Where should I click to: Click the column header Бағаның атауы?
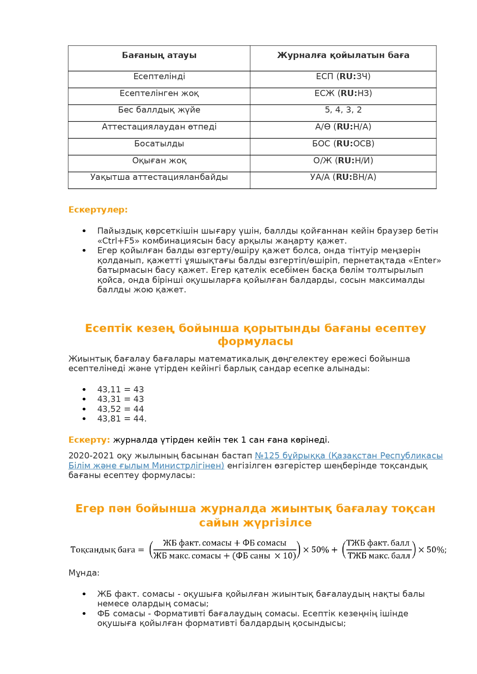(x=159, y=55)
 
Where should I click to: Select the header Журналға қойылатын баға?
(x=343, y=55)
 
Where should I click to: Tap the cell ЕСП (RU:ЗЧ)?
(x=343, y=76)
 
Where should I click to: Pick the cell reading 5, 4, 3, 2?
(x=343, y=110)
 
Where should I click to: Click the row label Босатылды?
(x=159, y=144)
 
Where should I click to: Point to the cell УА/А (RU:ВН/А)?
(x=343, y=177)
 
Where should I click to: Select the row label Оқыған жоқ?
(x=159, y=161)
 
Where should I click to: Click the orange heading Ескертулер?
(x=98, y=210)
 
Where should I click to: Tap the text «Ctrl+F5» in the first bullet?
(x=118, y=241)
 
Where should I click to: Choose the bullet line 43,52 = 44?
(x=120, y=409)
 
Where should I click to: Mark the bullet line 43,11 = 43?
(x=120, y=390)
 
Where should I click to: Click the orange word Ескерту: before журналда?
(x=89, y=440)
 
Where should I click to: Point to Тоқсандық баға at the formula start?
(x=103, y=550)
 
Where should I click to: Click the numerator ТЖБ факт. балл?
(x=378, y=543)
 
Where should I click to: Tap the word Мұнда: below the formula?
(x=84, y=573)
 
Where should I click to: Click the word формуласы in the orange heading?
(x=255, y=342)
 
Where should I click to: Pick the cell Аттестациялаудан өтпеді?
(x=159, y=127)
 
